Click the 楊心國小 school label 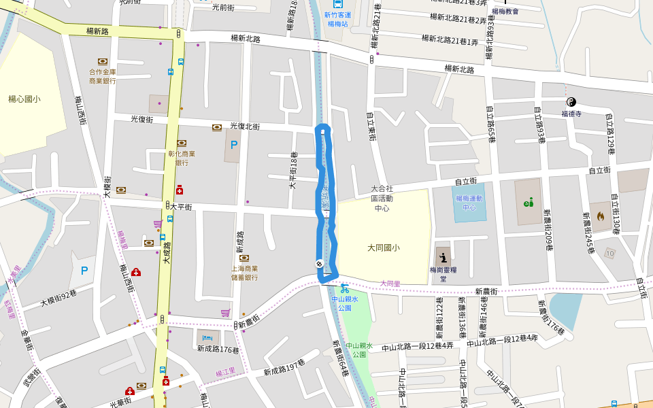click(x=24, y=99)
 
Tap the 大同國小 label click(x=384, y=248)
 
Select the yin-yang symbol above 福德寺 click(x=571, y=102)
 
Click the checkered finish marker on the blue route click(x=319, y=263)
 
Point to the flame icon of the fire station click(x=600, y=216)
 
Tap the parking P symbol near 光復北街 click(x=234, y=145)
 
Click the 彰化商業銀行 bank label click(x=182, y=158)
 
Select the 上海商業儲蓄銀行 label click(x=244, y=273)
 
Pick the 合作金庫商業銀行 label click(x=103, y=76)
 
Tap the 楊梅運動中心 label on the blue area click(x=469, y=203)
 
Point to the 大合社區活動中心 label click(x=382, y=198)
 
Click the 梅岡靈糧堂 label click(x=443, y=274)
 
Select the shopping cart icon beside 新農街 click(x=225, y=313)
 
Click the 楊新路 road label click(x=98, y=31)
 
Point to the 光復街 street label click(x=141, y=119)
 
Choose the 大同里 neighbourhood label click(x=390, y=284)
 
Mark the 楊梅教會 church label click(x=505, y=12)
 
